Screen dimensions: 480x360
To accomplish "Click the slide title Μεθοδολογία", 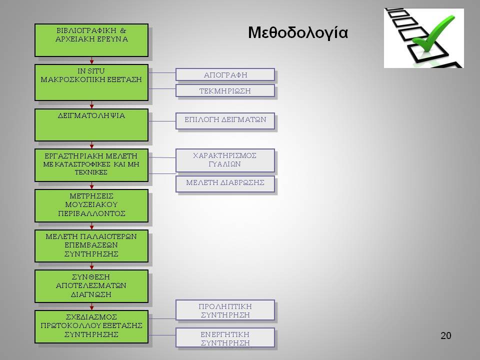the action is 298,33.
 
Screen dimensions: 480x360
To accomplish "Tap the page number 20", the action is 445,335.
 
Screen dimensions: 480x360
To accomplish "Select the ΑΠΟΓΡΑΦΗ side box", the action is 225,74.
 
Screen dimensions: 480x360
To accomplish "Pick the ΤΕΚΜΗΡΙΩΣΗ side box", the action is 225,91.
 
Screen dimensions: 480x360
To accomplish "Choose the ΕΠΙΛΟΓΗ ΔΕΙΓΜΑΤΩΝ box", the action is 225,121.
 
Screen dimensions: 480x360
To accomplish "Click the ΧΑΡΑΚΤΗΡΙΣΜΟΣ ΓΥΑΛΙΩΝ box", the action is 225,160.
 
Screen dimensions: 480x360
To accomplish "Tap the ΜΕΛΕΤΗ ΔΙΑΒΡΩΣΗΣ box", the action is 225,184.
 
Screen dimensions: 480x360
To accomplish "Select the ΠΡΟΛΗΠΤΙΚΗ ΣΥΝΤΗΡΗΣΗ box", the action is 225,310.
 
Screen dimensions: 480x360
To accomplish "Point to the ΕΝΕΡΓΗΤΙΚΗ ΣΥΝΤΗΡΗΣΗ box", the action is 225,338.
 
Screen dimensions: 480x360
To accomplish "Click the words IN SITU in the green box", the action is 91,71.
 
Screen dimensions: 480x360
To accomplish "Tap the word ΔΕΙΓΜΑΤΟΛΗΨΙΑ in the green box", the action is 91,115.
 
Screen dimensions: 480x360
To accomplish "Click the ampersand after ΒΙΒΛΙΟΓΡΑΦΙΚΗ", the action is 123,30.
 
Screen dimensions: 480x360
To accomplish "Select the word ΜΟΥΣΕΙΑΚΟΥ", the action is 91,204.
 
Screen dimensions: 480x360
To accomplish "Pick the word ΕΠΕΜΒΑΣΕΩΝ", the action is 91,245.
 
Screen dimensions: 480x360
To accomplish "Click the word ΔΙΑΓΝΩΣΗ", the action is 91,294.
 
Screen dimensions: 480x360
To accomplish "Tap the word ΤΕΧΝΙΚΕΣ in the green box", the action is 91,172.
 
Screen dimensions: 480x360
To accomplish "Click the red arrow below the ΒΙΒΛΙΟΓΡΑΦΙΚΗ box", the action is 91,60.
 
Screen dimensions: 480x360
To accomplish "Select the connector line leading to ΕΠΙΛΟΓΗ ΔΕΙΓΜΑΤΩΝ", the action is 162,121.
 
